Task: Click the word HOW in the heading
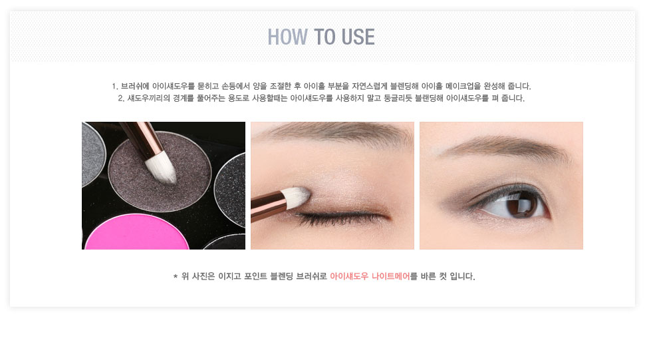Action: (287, 37)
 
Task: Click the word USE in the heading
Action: (358, 37)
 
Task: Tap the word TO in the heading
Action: (324, 37)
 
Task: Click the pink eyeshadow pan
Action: (136, 232)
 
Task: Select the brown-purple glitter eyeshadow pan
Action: (160, 171)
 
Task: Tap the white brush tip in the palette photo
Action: (162, 168)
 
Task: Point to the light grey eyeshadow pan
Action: (92, 153)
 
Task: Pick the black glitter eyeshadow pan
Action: (230, 189)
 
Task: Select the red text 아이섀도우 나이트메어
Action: (370, 276)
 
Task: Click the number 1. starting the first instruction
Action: (115, 87)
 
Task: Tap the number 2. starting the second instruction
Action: (121, 98)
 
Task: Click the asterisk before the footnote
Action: (176, 276)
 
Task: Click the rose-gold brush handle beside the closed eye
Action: (269, 206)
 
